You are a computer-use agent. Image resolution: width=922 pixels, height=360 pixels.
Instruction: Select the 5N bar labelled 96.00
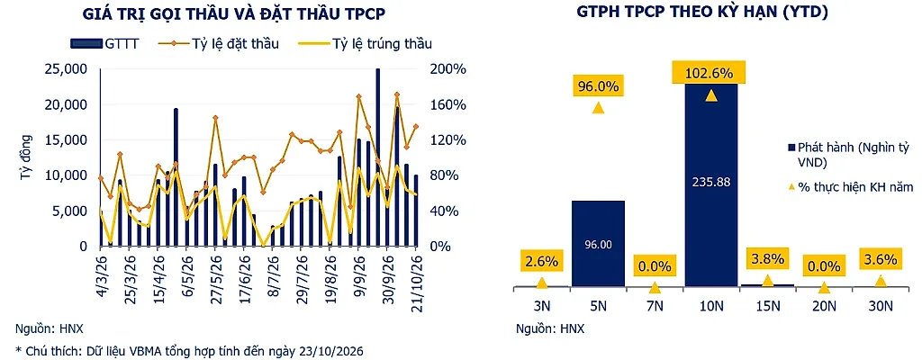[598, 244]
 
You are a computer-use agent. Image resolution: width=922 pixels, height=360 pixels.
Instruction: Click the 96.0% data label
[598, 87]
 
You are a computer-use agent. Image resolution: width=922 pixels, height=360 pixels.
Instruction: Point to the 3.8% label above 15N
[767, 257]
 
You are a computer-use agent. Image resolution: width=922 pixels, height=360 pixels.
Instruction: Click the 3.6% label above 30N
[881, 258]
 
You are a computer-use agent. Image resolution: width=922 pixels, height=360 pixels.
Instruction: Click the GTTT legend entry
[104, 43]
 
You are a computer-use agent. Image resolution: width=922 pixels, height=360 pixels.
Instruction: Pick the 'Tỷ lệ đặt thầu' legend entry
[218, 43]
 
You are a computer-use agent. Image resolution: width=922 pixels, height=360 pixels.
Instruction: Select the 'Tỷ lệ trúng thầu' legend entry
[366, 43]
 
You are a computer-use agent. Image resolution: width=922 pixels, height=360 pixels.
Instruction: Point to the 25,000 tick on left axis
[67, 69]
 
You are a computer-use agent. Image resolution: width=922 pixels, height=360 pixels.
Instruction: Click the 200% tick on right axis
[447, 69]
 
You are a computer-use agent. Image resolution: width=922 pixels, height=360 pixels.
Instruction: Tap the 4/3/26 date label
[101, 270]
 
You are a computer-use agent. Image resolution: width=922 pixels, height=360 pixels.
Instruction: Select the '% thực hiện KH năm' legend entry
[850, 187]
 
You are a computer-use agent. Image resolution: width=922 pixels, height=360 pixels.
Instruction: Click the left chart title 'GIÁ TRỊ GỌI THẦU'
[164, 13]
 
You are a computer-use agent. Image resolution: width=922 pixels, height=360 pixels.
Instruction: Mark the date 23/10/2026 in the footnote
[332, 351]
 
